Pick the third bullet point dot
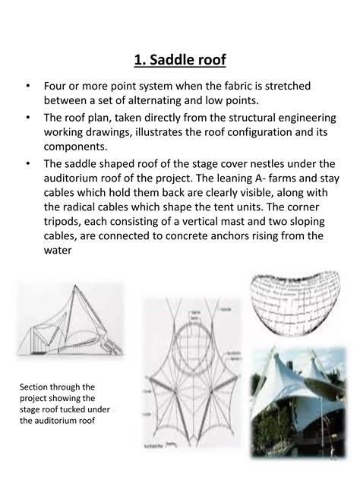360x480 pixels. pos(27,163)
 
